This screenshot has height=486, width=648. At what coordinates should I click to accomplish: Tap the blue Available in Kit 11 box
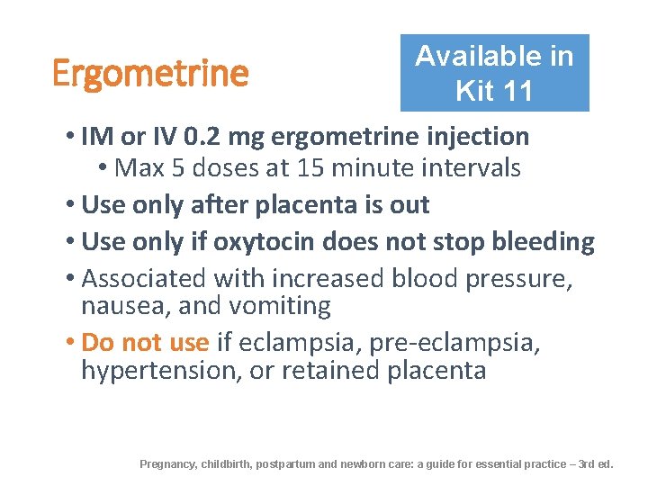[x=494, y=73]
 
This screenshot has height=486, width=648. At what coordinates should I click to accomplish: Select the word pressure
[x=518, y=279]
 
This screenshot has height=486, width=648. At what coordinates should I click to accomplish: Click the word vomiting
[x=280, y=306]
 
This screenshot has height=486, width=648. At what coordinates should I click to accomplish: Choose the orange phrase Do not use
[x=145, y=343]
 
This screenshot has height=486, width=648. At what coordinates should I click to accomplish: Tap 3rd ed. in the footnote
[x=596, y=464]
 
